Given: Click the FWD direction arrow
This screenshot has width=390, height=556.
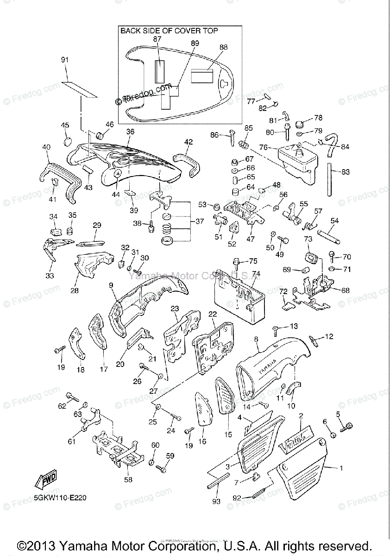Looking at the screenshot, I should (x=45, y=482).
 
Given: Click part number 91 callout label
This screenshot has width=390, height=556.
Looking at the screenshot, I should (x=64, y=60).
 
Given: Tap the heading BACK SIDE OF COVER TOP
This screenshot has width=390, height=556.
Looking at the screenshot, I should (x=170, y=31).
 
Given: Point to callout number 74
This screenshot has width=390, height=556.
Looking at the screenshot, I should (x=255, y=273).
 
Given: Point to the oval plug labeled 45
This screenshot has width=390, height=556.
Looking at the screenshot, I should (x=68, y=140).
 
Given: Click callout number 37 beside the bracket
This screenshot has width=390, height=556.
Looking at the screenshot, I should (x=200, y=221).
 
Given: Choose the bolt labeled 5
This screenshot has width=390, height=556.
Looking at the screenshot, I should (x=346, y=427).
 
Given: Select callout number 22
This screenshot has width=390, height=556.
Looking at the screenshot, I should (x=212, y=314).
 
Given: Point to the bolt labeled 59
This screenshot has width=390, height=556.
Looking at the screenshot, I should (x=161, y=468).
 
